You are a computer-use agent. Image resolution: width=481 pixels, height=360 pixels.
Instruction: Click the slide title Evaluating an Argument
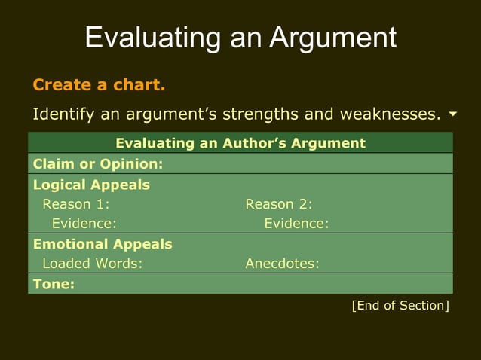240,37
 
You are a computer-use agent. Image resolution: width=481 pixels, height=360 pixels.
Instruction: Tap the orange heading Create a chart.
99,84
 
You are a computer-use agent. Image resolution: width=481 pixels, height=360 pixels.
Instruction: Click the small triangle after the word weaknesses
452,114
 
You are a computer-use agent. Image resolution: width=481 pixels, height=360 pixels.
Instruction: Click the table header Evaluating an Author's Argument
240,143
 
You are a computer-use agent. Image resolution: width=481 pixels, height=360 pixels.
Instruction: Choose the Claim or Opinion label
99,163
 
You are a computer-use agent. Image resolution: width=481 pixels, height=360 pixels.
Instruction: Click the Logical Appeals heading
91,185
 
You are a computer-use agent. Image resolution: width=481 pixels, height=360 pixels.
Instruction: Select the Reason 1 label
76,203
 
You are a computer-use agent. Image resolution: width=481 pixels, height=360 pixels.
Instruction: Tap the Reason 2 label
279,203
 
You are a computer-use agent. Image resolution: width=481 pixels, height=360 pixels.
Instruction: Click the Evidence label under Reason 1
84,223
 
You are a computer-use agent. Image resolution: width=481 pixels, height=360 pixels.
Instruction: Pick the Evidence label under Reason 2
296,223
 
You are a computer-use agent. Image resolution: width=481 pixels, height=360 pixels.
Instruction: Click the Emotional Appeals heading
103,244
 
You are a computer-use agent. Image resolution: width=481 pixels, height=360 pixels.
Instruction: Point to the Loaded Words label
92,264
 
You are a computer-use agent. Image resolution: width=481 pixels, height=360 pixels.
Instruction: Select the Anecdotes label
282,264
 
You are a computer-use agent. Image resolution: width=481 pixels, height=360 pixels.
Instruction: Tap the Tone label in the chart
54,284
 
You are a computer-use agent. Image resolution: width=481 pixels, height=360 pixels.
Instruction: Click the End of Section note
400,305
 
